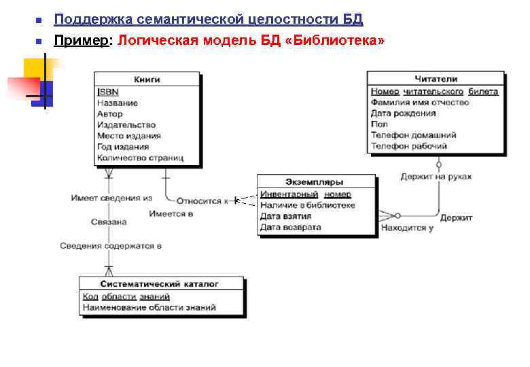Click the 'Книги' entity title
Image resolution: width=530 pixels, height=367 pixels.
(x=147, y=80)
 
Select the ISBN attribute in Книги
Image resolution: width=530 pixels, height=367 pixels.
(x=107, y=92)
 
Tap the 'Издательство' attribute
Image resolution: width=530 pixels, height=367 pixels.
(x=126, y=125)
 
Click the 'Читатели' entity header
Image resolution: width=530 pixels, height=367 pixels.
(x=436, y=79)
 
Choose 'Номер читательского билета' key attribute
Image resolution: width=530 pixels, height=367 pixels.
(x=434, y=91)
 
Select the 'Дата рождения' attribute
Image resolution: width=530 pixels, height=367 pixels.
(x=403, y=113)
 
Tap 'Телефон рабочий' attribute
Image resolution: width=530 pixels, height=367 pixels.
(x=408, y=146)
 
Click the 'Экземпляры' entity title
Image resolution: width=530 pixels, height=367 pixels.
(x=315, y=182)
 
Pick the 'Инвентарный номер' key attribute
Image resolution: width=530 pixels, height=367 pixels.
(x=305, y=194)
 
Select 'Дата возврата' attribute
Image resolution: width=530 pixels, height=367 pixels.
(x=290, y=227)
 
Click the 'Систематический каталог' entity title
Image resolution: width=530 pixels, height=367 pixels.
(x=160, y=283)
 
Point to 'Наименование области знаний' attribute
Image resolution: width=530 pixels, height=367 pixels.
(x=149, y=307)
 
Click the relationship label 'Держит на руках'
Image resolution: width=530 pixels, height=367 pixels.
(x=436, y=177)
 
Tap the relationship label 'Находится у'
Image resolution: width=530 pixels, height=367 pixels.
(x=407, y=228)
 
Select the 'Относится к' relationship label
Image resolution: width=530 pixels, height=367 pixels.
(x=202, y=200)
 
